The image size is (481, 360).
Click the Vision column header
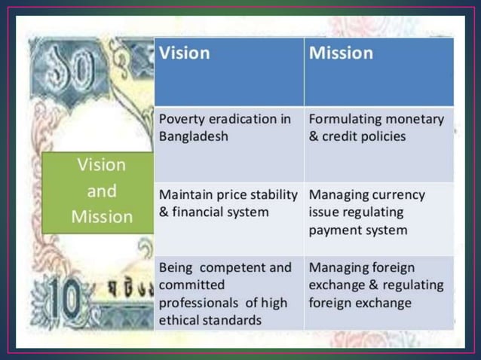pos(185,53)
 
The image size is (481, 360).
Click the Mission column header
pos(341,53)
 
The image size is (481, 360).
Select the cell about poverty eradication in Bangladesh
pos(228,143)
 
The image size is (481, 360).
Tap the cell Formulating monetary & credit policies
pos(378,143)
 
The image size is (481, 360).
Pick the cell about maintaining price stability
pos(228,218)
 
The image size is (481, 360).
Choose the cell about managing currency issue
pos(378,218)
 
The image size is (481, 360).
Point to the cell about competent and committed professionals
pos(228,293)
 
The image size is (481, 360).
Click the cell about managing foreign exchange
pos(378,293)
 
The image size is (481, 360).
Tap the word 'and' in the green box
pos(102,191)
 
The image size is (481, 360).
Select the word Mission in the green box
pos(102,217)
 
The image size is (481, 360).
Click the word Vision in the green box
pos(102,164)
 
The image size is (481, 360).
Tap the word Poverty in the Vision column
pos(181,120)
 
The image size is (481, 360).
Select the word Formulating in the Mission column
pos(345,120)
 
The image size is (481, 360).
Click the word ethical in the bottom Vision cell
pos(181,320)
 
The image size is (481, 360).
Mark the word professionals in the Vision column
pos(199,303)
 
